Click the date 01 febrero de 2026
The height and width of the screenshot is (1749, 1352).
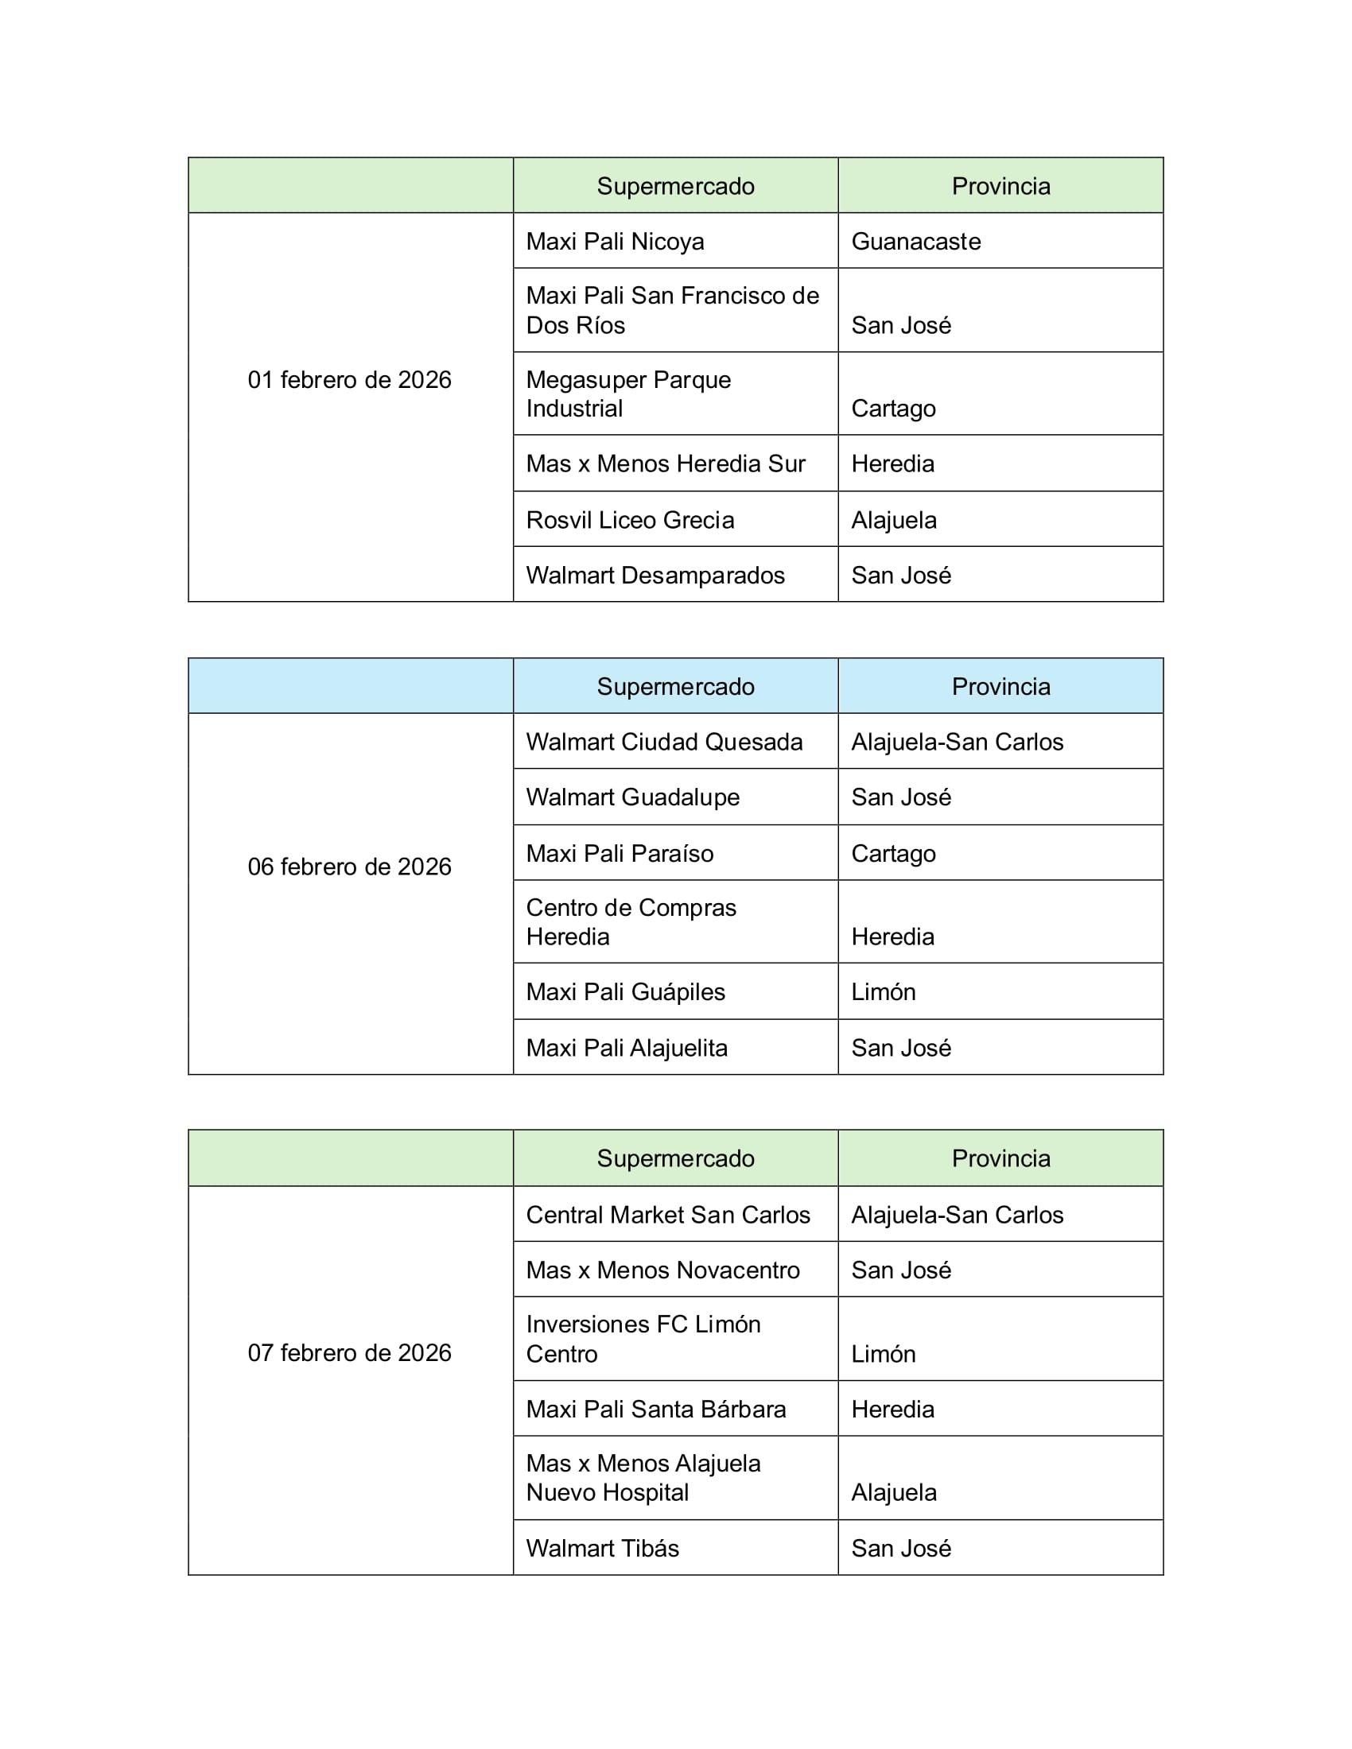point(349,379)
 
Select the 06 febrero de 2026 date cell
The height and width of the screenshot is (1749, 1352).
point(349,867)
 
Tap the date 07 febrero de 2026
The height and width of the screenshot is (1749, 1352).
point(349,1352)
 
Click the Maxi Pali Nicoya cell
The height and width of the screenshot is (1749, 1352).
point(615,241)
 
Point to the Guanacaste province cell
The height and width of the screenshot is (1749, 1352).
point(915,241)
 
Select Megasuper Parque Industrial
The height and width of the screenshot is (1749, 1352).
point(629,394)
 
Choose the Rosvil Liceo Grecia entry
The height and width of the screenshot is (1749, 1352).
point(631,520)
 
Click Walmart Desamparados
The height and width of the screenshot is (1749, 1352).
point(655,575)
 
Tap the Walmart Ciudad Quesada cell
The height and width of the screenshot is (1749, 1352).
point(664,742)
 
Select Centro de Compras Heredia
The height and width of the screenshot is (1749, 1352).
point(631,921)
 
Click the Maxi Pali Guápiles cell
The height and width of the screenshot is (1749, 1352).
point(626,991)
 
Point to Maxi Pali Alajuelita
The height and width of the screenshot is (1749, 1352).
point(627,1048)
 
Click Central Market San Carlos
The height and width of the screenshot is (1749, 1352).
point(668,1215)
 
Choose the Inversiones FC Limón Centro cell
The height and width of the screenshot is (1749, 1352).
point(643,1339)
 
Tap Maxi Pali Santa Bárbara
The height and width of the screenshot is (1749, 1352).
point(656,1409)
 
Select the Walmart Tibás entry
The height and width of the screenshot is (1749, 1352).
point(602,1548)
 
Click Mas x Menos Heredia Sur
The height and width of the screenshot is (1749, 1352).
point(666,463)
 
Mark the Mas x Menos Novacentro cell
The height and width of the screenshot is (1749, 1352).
point(663,1270)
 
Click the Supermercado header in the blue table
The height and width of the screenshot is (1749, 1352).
point(675,686)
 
